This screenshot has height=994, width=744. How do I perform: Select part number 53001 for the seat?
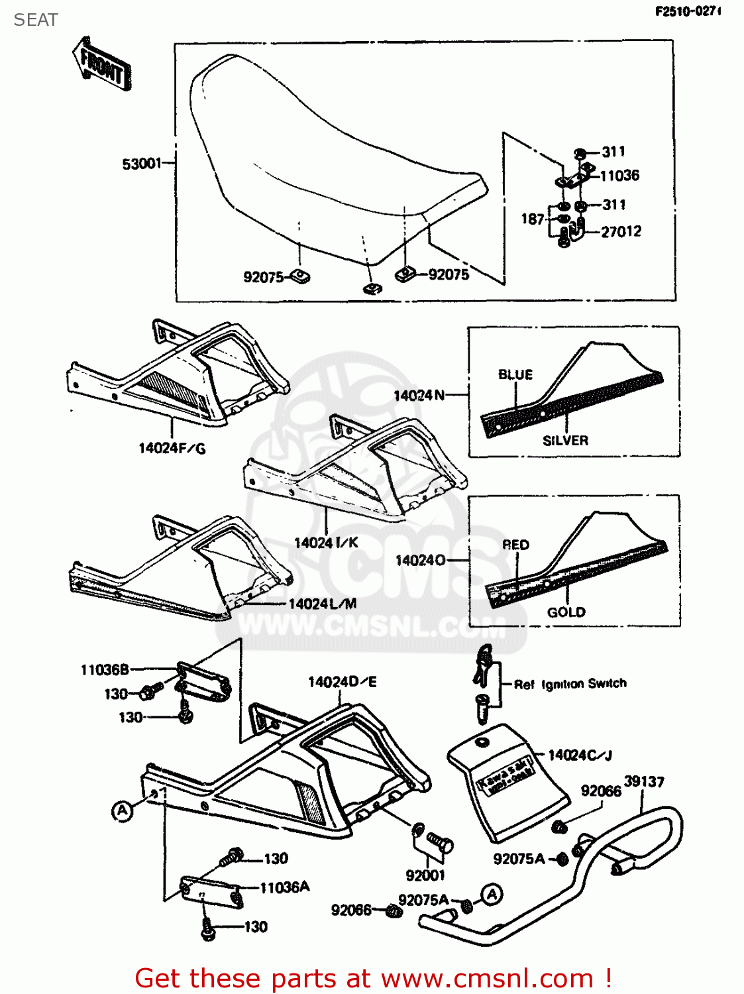coord(141,164)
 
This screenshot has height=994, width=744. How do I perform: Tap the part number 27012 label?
coord(621,231)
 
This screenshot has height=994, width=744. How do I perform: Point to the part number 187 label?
coord(532,219)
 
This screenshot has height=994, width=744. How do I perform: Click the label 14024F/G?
coord(172,449)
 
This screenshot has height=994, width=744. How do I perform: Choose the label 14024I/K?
coord(326,543)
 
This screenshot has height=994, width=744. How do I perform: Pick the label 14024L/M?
coord(323,604)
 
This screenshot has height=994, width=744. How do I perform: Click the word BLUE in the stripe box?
coord(515,374)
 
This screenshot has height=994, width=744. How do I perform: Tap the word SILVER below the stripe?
coord(565,441)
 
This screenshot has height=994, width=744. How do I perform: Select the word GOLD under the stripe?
coord(566,612)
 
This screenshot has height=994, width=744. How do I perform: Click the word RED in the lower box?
coord(515,545)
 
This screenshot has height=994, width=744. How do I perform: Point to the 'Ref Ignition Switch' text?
coord(570,684)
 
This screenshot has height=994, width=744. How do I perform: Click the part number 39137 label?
coord(644,781)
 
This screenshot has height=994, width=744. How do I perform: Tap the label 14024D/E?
coord(342,682)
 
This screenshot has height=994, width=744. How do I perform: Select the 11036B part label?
coord(105,670)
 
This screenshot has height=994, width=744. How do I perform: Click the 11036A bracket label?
coord(284,887)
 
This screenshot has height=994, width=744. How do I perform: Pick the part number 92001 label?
coord(425,875)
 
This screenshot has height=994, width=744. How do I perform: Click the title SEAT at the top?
coord(36,20)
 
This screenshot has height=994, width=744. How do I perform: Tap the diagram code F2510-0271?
coord(687,11)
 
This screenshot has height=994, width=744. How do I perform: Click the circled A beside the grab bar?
coord(491,895)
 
